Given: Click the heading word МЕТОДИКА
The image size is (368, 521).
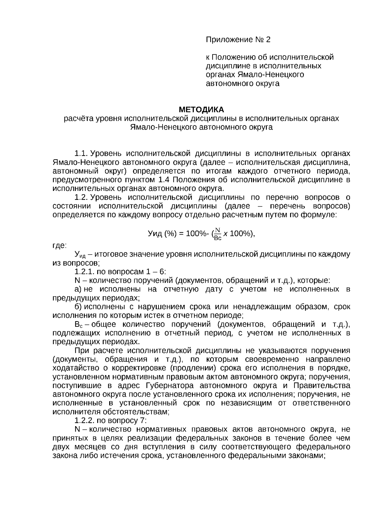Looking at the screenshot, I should pyautogui.click(x=201, y=110).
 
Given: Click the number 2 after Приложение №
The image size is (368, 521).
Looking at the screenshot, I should pyautogui.click(x=268, y=40).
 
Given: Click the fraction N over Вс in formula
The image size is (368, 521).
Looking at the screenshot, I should pyautogui.click(x=218, y=234).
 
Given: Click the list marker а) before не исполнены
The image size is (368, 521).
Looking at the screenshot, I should pyautogui.click(x=78, y=289).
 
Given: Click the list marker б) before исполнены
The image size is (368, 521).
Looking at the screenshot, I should pyautogui.click(x=78, y=307).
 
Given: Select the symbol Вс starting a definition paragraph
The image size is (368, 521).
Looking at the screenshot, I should pyautogui.click(x=78, y=325).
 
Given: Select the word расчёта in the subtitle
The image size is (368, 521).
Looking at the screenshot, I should pyautogui.click(x=76, y=119).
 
